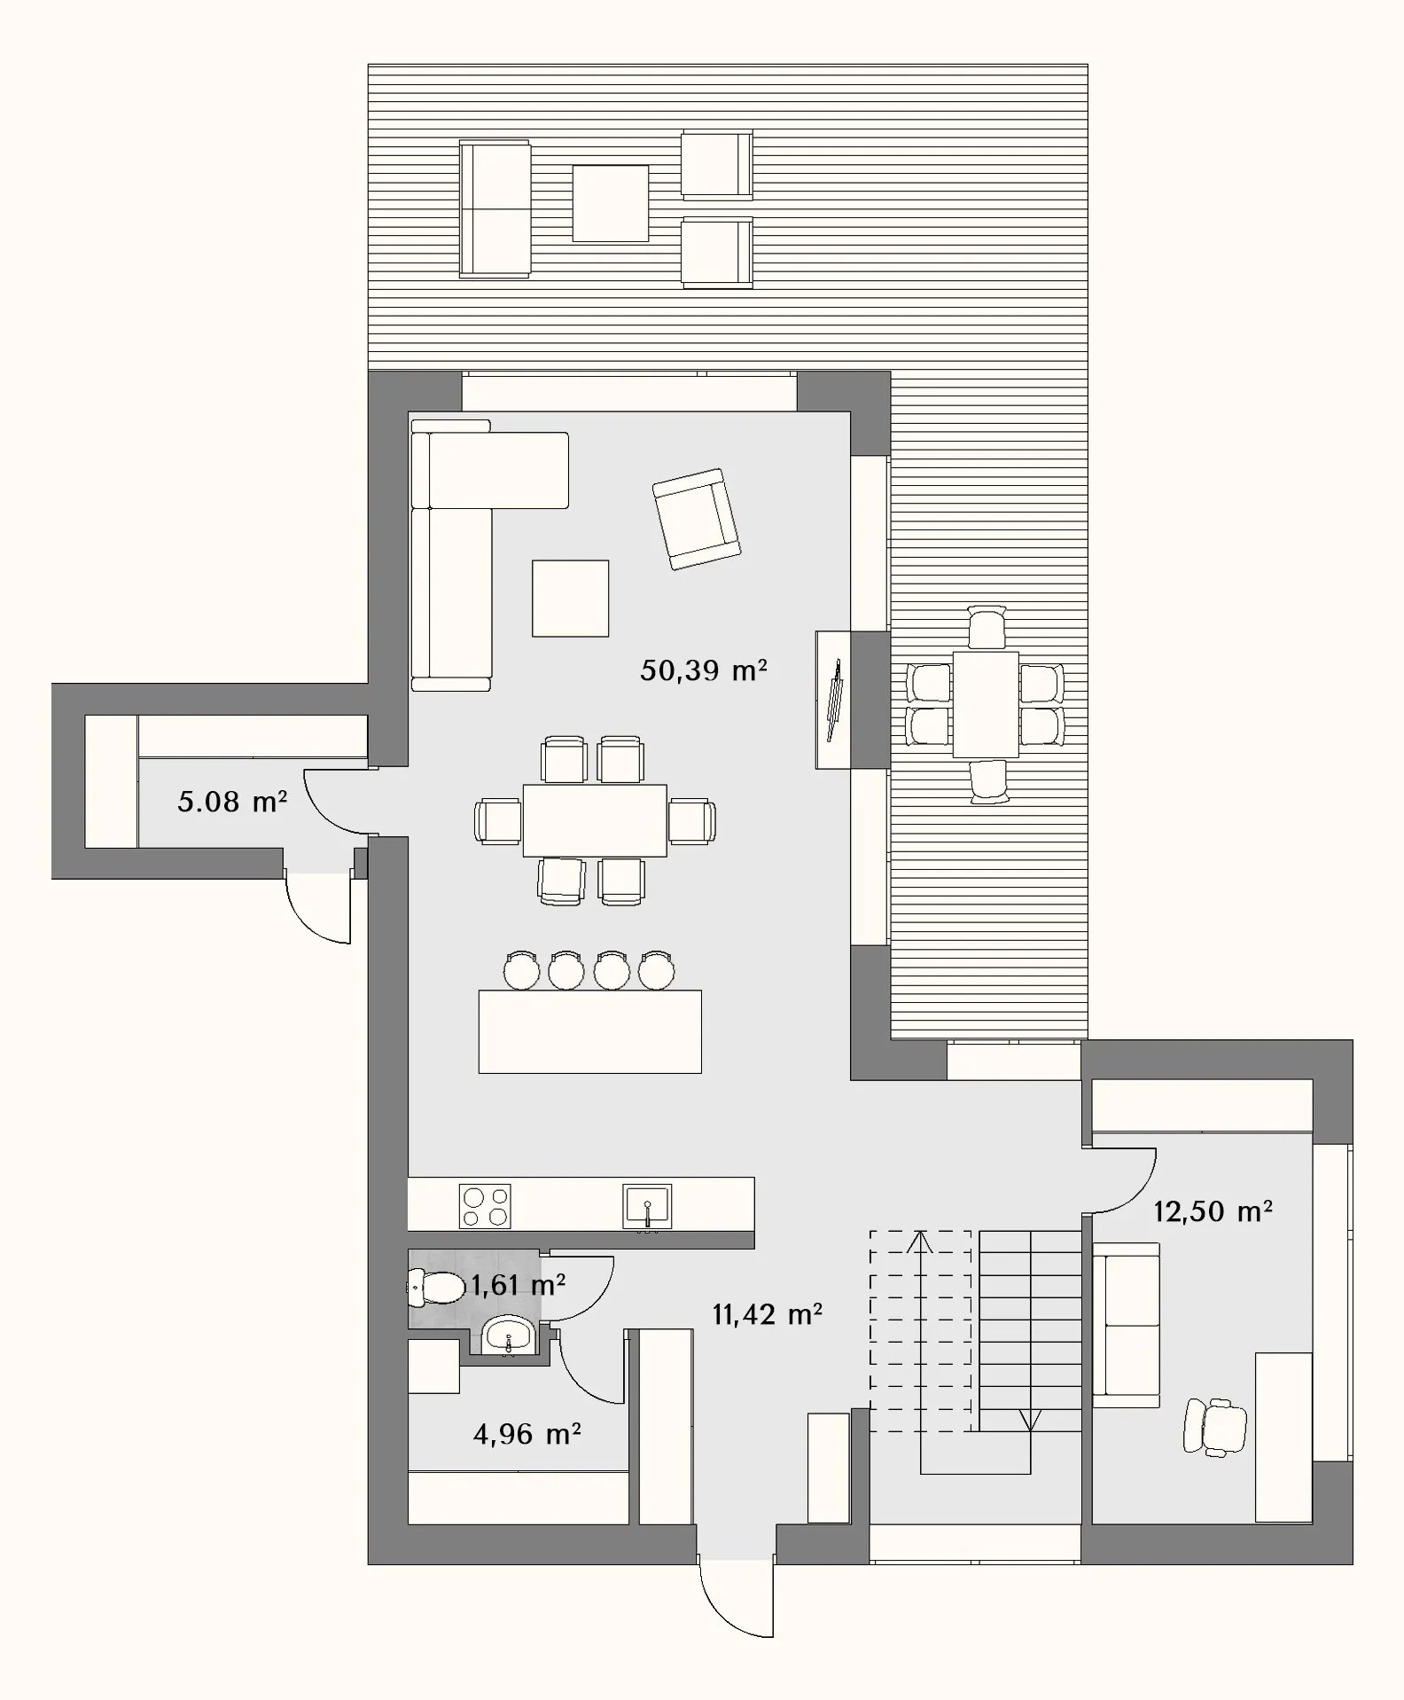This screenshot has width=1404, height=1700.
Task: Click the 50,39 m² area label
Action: pyautogui.click(x=704, y=670)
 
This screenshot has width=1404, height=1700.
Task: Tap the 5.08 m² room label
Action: pyautogui.click(x=232, y=802)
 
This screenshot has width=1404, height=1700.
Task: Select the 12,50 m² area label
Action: pyautogui.click(x=1213, y=1211)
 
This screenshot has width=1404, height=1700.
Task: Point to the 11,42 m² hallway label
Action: pyautogui.click(x=768, y=1314)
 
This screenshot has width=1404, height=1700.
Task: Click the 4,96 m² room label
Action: pyautogui.click(x=527, y=1434)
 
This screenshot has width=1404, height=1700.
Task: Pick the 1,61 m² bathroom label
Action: pyautogui.click(x=519, y=1285)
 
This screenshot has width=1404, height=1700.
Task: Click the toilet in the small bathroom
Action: pyautogui.click(x=435, y=1288)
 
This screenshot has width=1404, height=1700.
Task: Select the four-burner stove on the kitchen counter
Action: pyautogui.click(x=485, y=1207)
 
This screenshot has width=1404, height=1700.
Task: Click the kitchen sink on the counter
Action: pyautogui.click(x=647, y=1207)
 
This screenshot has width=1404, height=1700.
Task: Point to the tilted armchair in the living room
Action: pyautogui.click(x=697, y=519)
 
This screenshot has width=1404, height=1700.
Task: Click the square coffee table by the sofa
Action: pyautogui.click(x=570, y=599)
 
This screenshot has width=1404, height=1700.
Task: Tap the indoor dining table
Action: pyautogui.click(x=595, y=820)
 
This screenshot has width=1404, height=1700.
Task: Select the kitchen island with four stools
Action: pyautogui.click(x=590, y=1031)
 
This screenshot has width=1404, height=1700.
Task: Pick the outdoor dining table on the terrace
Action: pyautogui.click(x=986, y=704)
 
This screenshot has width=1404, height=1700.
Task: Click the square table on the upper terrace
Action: pyautogui.click(x=610, y=203)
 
